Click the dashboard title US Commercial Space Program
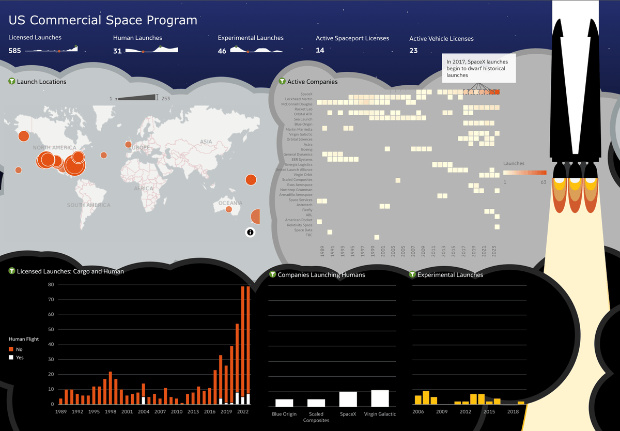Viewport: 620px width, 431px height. [103, 21]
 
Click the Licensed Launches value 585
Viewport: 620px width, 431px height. [14, 51]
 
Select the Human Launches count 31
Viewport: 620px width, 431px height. [117, 51]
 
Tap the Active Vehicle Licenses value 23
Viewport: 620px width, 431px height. [413, 51]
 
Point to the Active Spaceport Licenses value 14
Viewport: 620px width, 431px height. [320, 51]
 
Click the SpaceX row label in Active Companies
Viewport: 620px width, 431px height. [306, 94]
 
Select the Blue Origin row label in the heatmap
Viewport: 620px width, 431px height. [303, 125]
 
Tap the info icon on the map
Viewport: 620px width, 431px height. [250, 232]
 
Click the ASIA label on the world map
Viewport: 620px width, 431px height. [206, 142]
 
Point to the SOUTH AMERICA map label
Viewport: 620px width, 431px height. [88, 205]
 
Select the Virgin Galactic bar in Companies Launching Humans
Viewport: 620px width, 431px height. [380, 398]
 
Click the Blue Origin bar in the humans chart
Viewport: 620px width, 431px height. [284, 403]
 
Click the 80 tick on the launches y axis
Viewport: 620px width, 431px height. [51, 285]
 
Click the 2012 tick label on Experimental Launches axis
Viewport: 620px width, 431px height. [466, 412]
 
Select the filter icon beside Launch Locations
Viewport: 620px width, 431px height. [12, 82]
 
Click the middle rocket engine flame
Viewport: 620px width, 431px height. [575, 194]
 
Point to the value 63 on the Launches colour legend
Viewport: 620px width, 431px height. [543, 182]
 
